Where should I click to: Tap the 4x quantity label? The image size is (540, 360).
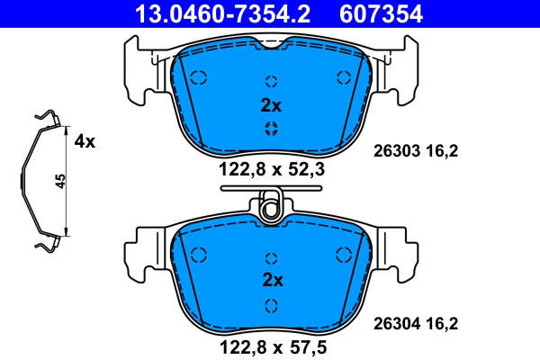85,141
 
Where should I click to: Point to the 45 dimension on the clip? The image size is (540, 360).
60,181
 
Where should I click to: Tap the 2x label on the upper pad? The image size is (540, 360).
270,105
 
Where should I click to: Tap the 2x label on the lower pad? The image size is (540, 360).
270,280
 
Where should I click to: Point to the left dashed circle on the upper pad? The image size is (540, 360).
200,76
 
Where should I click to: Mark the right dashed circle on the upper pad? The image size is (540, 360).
342,76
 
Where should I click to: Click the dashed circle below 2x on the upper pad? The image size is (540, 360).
270,129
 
